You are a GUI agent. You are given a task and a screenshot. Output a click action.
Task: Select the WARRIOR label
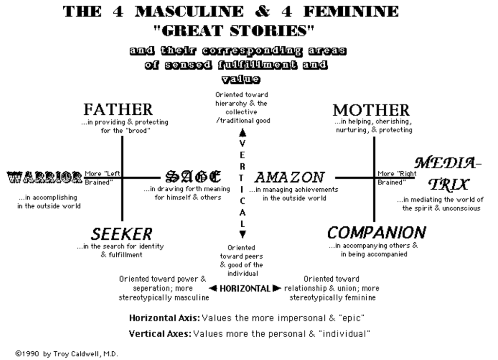coord(44,177)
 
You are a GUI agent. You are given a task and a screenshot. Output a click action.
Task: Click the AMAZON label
coord(289,177)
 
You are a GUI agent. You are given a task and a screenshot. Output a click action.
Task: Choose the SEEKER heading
coord(122,234)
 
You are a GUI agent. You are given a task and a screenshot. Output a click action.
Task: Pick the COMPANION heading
coord(377,233)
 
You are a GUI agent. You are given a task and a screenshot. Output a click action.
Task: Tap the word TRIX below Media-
coord(450,184)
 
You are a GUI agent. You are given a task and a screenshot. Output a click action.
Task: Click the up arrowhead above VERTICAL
coord(243,131)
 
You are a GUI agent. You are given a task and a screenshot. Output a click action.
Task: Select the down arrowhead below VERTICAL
coord(243,233)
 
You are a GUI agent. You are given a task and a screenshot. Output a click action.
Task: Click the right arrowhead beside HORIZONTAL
coord(277,288)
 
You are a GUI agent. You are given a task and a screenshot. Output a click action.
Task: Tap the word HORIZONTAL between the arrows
coord(245,288)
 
